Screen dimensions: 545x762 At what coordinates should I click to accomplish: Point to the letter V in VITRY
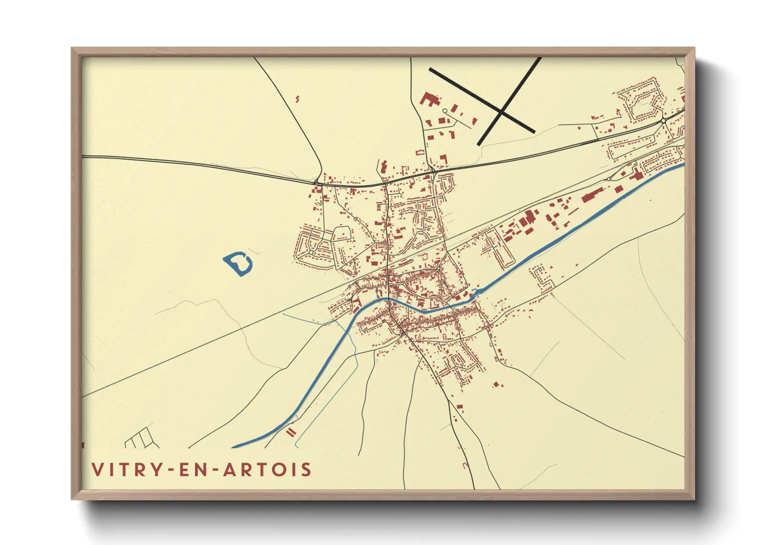(97, 470)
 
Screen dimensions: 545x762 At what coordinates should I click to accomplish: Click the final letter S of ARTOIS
(307, 470)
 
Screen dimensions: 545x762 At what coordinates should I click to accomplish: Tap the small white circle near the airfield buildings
(445, 111)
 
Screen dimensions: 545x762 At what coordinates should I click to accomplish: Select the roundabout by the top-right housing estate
(664, 121)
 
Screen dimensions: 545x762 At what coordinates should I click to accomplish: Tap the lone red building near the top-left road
(298, 98)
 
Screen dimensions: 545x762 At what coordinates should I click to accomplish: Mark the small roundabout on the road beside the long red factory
(609, 179)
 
